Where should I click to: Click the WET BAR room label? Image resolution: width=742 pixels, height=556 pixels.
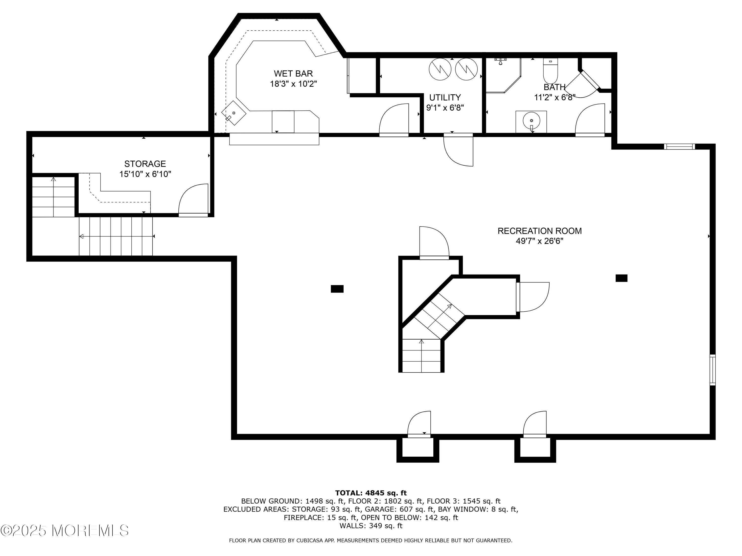(x=293, y=74)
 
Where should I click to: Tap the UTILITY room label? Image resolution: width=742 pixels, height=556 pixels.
(x=445, y=98)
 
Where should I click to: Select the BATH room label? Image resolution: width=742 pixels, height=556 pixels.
(x=555, y=87)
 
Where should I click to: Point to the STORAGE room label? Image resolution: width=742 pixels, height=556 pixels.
(x=145, y=164)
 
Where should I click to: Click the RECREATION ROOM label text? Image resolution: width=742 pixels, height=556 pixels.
(x=539, y=231)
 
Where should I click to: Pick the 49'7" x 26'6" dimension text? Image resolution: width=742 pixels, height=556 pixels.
(x=539, y=241)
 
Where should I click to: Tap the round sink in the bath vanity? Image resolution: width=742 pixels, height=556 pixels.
(x=531, y=120)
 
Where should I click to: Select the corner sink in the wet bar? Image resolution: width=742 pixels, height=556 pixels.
(x=233, y=113)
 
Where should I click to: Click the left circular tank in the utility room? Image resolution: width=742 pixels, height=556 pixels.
(x=440, y=69)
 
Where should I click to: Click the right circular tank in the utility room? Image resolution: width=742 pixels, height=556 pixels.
(x=466, y=69)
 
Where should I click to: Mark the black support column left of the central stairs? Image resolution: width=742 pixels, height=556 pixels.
(x=337, y=289)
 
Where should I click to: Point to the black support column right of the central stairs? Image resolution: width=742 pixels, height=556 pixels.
(x=621, y=278)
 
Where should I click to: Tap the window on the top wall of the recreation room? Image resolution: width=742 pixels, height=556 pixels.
(x=679, y=147)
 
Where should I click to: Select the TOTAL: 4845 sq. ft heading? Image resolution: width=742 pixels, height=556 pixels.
(x=371, y=493)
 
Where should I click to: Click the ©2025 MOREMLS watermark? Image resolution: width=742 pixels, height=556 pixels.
(x=64, y=531)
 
